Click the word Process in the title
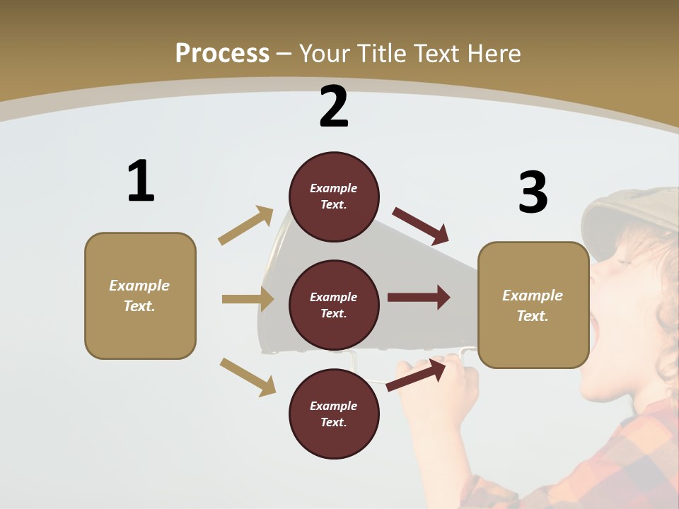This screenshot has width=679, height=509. pos(222,53)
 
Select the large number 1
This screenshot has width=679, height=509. pos(140,181)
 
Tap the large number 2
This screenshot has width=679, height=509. pos(334,107)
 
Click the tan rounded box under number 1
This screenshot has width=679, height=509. pos(140,296)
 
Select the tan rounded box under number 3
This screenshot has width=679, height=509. pos(533,305)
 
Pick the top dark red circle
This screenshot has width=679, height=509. pos(334,197)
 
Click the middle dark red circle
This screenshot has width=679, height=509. pos(334,305)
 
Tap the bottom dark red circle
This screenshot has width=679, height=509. pos(334,414)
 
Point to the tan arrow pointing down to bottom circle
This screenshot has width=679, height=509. pos(248,377)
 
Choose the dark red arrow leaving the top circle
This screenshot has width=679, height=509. pos(421,226)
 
